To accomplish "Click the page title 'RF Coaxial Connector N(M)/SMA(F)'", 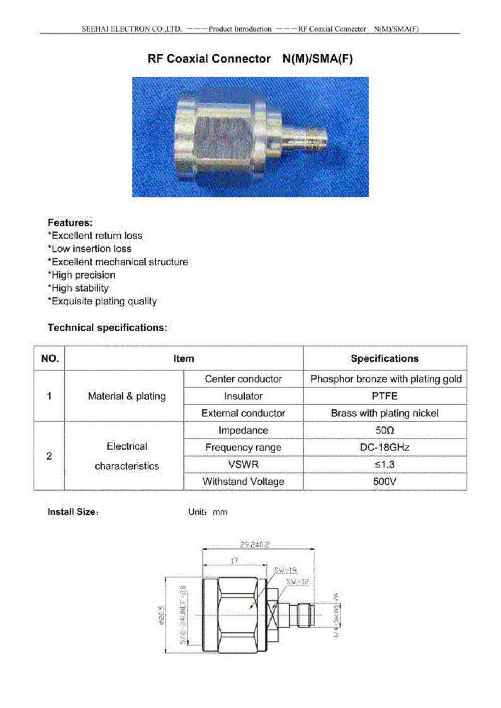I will [250, 59].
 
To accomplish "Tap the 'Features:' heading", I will [70, 223].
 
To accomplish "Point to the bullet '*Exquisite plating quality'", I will [102, 301].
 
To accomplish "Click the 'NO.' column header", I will [50, 359].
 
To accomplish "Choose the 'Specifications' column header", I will [384, 359].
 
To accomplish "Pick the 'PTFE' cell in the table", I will [384, 396].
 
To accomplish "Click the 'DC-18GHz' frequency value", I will [384, 447].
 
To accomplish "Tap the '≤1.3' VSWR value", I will [384, 464].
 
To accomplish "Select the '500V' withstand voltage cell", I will [384, 482].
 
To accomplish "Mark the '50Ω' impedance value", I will [384, 430].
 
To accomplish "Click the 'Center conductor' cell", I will [243, 379].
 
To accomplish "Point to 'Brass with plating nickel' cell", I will [384, 413].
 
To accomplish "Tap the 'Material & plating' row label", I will [127, 396].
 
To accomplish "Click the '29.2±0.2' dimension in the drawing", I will [255, 544].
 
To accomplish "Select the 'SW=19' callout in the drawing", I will [285, 570].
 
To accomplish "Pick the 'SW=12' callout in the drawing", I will [298, 582].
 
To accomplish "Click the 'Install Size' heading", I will [72, 512].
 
